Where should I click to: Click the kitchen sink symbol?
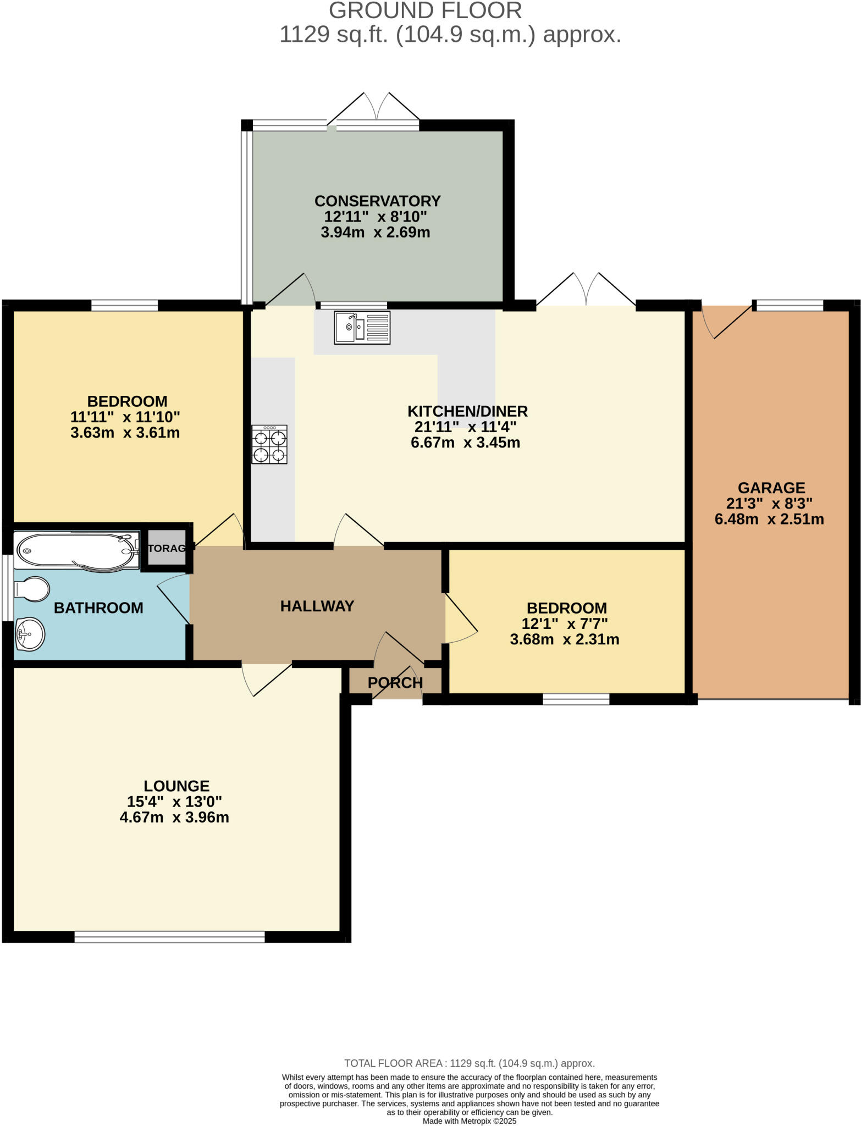(x=362, y=328)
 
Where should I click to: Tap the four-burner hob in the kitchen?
(x=269, y=444)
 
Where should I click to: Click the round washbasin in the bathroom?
(x=30, y=634)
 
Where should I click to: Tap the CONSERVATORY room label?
(x=377, y=201)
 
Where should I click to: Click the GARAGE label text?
(x=771, y=488)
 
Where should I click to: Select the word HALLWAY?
(x=317, y=606)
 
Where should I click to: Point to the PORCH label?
(x=395, y=682)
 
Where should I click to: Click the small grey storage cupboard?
(x=167, y=548)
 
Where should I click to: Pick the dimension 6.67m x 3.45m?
(x=465, y=443)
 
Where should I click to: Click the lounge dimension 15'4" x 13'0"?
(x=174, y=802)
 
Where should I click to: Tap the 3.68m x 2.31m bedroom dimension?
(x=565, y=639)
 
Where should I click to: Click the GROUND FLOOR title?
(x=425, y=11)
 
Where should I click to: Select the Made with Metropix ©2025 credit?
(x=469, y=1121)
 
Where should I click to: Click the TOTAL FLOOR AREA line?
(x=469, y=1063)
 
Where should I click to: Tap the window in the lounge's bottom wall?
(x=169, y=936)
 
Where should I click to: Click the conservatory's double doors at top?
(x=377, y=110)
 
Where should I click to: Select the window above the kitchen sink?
(x=354, y=305)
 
